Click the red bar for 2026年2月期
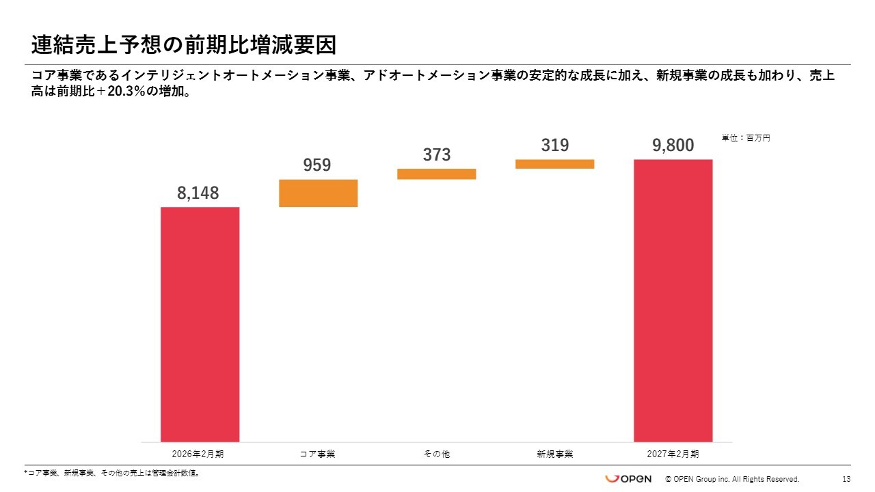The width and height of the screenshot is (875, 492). point(200,324)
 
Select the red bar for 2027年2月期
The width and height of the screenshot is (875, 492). point(673,301)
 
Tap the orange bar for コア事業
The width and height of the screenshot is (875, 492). point(318,193)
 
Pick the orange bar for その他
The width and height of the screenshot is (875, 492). point(436,174)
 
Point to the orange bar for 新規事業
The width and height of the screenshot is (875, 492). point(554,164)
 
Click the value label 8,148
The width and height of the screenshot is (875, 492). point(198,193)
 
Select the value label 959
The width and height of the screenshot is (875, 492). point(317,165)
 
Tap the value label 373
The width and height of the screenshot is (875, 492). point(436,155)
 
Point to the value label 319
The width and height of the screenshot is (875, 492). point(554,146)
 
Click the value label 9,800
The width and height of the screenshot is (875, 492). point(673,146)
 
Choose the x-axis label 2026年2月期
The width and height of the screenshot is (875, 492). point(198,454)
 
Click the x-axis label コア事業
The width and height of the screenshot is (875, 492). point(317,454)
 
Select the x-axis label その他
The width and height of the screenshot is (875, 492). point(436,454)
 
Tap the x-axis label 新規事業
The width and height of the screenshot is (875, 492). point(554,454)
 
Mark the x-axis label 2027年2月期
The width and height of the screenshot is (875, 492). point(673,454)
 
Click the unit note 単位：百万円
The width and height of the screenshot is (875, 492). point(746,138)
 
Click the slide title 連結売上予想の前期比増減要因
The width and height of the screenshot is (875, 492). point(184,46)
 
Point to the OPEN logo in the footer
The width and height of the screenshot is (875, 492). point(628,478)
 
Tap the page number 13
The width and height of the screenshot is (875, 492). point(846,479)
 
